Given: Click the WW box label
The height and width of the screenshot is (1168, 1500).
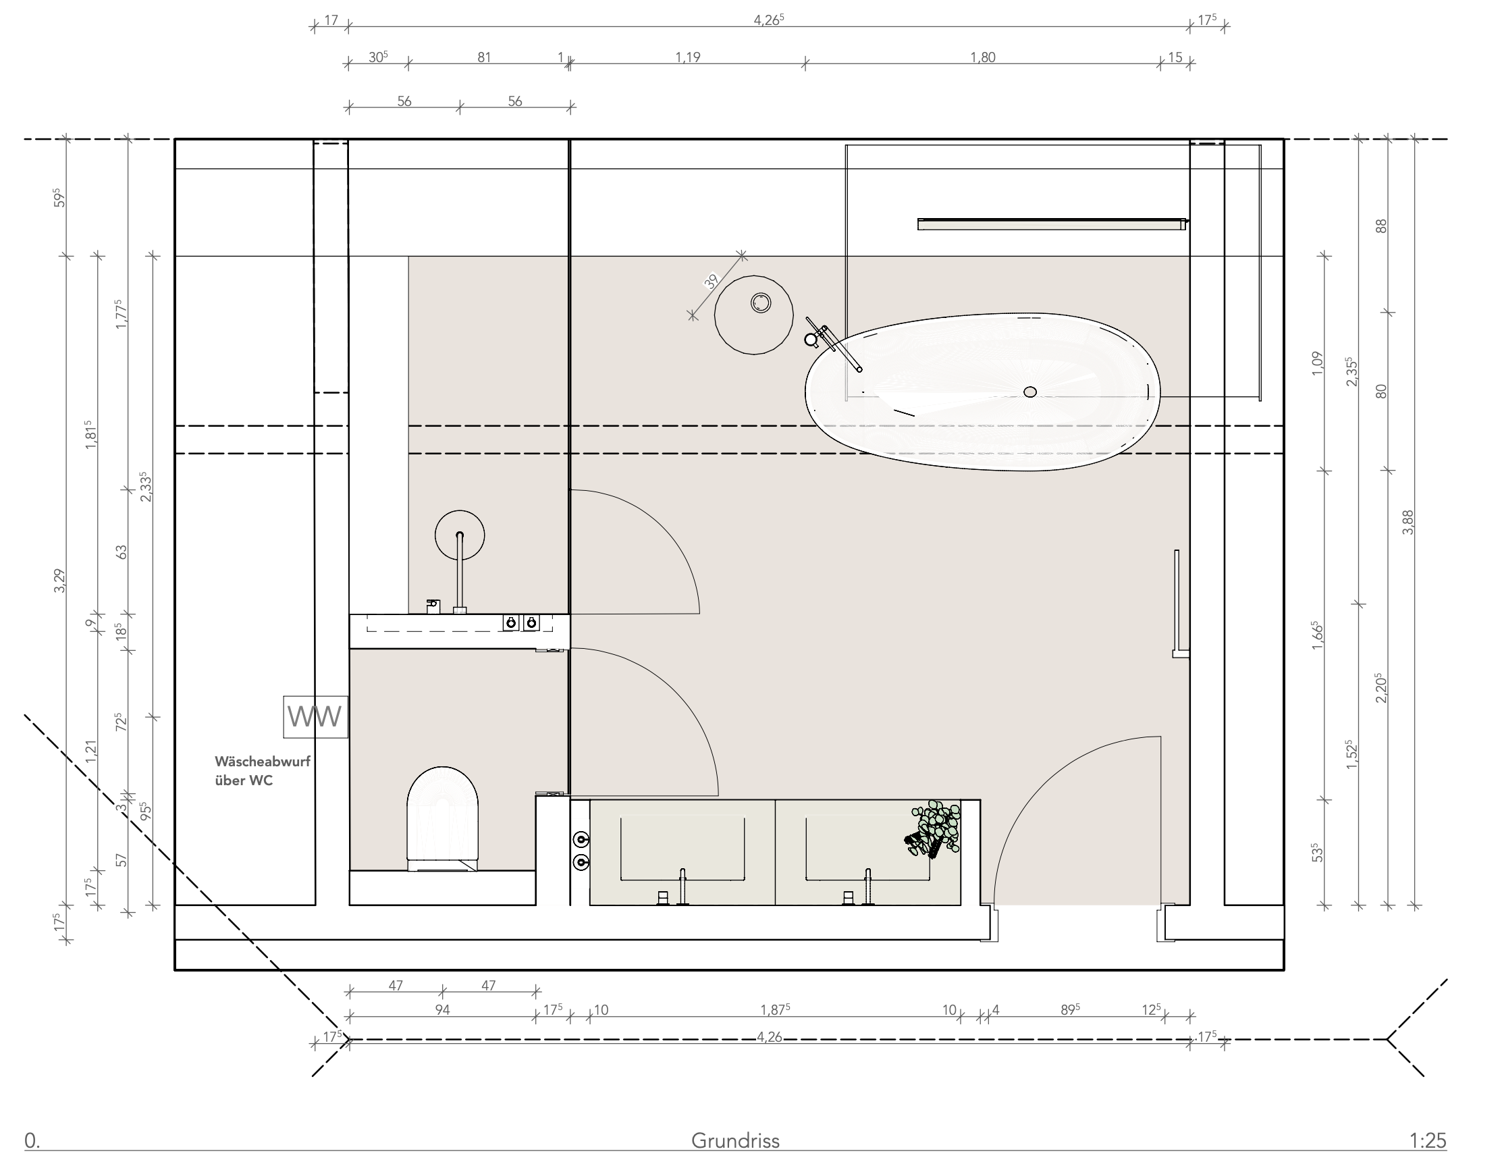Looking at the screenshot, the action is click(315, 716).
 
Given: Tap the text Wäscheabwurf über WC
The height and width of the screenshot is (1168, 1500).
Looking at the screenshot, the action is click(263, 771).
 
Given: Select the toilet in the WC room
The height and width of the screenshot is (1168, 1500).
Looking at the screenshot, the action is click(442, 819).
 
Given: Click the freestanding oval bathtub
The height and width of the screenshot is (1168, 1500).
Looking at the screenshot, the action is click(983, 392).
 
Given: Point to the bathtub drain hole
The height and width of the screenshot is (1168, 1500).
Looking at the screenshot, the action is click(1029, 392).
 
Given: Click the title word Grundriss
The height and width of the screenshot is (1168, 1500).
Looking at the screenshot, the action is click(735, 1140).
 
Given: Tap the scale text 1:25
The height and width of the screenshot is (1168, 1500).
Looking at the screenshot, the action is click(1428, 1140).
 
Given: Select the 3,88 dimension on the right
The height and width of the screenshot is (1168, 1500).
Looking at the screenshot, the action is click(1408, 521).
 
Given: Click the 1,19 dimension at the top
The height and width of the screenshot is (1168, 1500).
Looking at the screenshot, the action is click(687, 57).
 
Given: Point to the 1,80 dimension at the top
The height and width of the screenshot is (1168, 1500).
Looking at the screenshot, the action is click(983, 57).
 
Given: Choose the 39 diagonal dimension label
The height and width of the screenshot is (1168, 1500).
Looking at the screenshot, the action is click(712, 280).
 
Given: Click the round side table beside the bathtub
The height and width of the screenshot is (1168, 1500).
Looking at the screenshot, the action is click(754, 315).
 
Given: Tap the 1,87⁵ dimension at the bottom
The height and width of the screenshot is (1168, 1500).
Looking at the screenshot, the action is click(776, 1009).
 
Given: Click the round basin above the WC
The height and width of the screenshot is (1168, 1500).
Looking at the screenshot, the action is click(460, 535).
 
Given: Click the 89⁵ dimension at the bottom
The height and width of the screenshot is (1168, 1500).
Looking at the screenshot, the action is click(1070, 1009).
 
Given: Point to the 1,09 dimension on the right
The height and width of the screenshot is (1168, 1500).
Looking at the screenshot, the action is click(1316, 363).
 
